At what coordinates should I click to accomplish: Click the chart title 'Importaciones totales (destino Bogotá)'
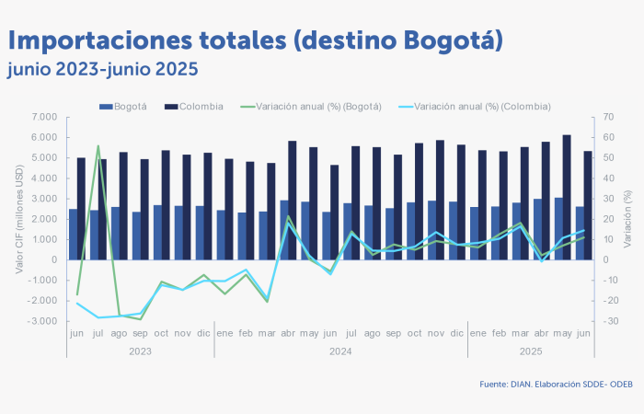(x=255, y=40)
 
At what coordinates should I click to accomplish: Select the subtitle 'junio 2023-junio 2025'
(x=102, y=69)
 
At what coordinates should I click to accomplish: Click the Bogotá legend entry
(x=124, y=107)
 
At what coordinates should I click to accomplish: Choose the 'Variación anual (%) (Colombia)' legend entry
(x=476, y=107)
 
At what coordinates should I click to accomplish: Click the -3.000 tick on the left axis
(x=43, y=321)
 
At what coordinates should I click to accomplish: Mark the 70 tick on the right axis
(x=609, y=117)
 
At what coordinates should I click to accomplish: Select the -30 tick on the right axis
(x=610, y=321)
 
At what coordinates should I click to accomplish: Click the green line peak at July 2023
(x=98, y=145)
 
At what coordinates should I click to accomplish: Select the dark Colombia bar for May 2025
(x=567, y=198)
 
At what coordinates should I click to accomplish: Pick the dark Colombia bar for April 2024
(x=293, y=201)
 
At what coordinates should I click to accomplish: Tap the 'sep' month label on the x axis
(x=141, y=333)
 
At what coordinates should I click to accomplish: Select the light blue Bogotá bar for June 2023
(x=74, y=235)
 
